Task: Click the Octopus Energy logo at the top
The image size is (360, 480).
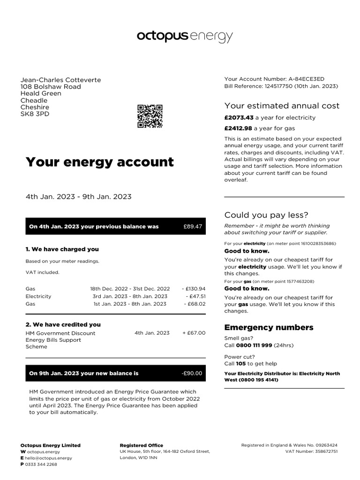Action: click(185, 37)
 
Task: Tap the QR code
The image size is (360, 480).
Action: click(150, 116)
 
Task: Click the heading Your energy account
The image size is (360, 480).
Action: click(99, 162)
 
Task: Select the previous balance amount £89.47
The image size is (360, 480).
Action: click(193, 226)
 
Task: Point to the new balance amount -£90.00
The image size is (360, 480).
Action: click(192, 373)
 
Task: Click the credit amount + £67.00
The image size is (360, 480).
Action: click(194, 333)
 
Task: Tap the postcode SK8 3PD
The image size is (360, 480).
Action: click(35, 114)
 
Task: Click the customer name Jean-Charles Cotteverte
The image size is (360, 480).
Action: click(60, 80)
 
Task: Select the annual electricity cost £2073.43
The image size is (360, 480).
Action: click(239, 118)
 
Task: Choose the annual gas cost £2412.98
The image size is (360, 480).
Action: click(239, 128)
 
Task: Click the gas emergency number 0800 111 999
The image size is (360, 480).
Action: click(255, 345)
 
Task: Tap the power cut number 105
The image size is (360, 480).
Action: click(241, 363)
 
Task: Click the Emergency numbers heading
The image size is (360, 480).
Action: click(269, 327)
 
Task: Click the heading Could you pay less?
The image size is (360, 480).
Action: click(266, 215)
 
